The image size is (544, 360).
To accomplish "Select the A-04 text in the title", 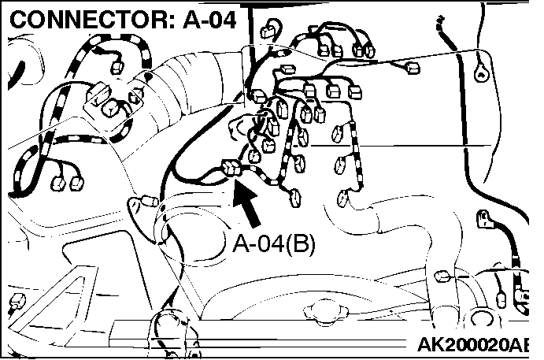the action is coord(209,20).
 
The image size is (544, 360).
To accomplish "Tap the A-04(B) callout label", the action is coord(274,243).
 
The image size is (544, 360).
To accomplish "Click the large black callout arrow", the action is coord(247,203).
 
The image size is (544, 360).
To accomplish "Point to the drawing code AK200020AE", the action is coord(473,344).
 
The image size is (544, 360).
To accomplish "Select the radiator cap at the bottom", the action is coord(325,310).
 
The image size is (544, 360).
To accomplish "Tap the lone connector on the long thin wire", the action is coord(413,68).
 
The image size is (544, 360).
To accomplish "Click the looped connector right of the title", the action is coord(270,29).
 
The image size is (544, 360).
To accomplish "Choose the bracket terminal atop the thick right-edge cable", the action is coord(484,220).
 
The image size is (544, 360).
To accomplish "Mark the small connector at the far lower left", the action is coord(17,301).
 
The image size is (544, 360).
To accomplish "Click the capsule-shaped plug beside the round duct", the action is coord(149,201).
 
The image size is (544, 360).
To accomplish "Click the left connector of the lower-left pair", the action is coord(58,184).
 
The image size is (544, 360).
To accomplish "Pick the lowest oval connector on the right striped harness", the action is coord(342,198).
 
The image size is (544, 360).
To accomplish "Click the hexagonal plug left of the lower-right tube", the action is coord(442,276).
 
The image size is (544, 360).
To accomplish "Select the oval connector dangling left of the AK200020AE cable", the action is coord(501,299).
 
